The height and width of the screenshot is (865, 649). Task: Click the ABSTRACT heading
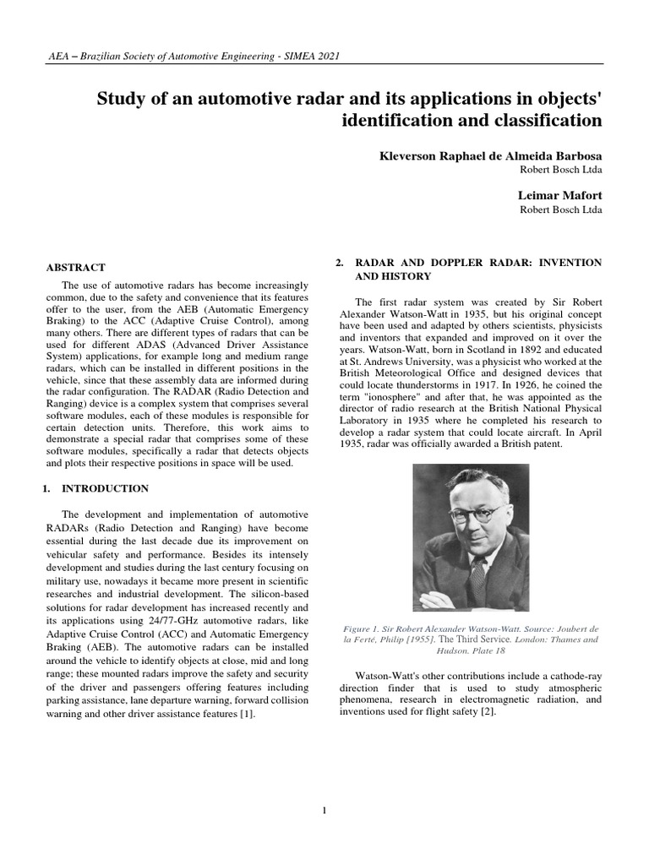coord(75,267)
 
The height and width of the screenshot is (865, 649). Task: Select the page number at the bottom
coord(324,811)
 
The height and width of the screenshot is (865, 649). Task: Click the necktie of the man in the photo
coord(478,575)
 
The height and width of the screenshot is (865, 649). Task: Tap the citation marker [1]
coord(246,714)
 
